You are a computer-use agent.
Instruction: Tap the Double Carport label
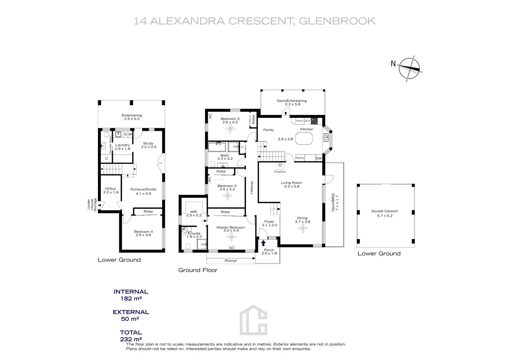click(x=385, y=211)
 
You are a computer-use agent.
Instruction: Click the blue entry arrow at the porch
click(x=263, y=243)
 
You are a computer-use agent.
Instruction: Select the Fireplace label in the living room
click(x=280, y=172)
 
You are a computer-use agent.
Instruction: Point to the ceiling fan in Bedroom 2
click(x=230, y=129)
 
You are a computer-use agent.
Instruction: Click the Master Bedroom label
click(x=231, y=227)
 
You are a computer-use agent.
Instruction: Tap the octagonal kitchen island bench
click(x=304, y=138)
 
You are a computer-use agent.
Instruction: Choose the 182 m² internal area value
click(x=131, y=298)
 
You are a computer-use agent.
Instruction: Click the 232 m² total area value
click(x=131, y=339)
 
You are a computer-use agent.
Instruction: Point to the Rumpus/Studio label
click(x=143, y=189)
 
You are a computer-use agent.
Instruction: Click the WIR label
click(x=193, y=212)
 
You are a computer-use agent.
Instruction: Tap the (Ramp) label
click(x=231, y=260)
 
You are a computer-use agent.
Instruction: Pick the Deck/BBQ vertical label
click(x=335, y=202)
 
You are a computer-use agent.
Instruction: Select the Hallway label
click(x=252, y=187)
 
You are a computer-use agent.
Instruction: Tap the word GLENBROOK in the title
click(x=337, y=21)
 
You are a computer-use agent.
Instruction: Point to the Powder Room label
click(x=111, y=144)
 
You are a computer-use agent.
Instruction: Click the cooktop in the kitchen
click(x=314, y=121)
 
